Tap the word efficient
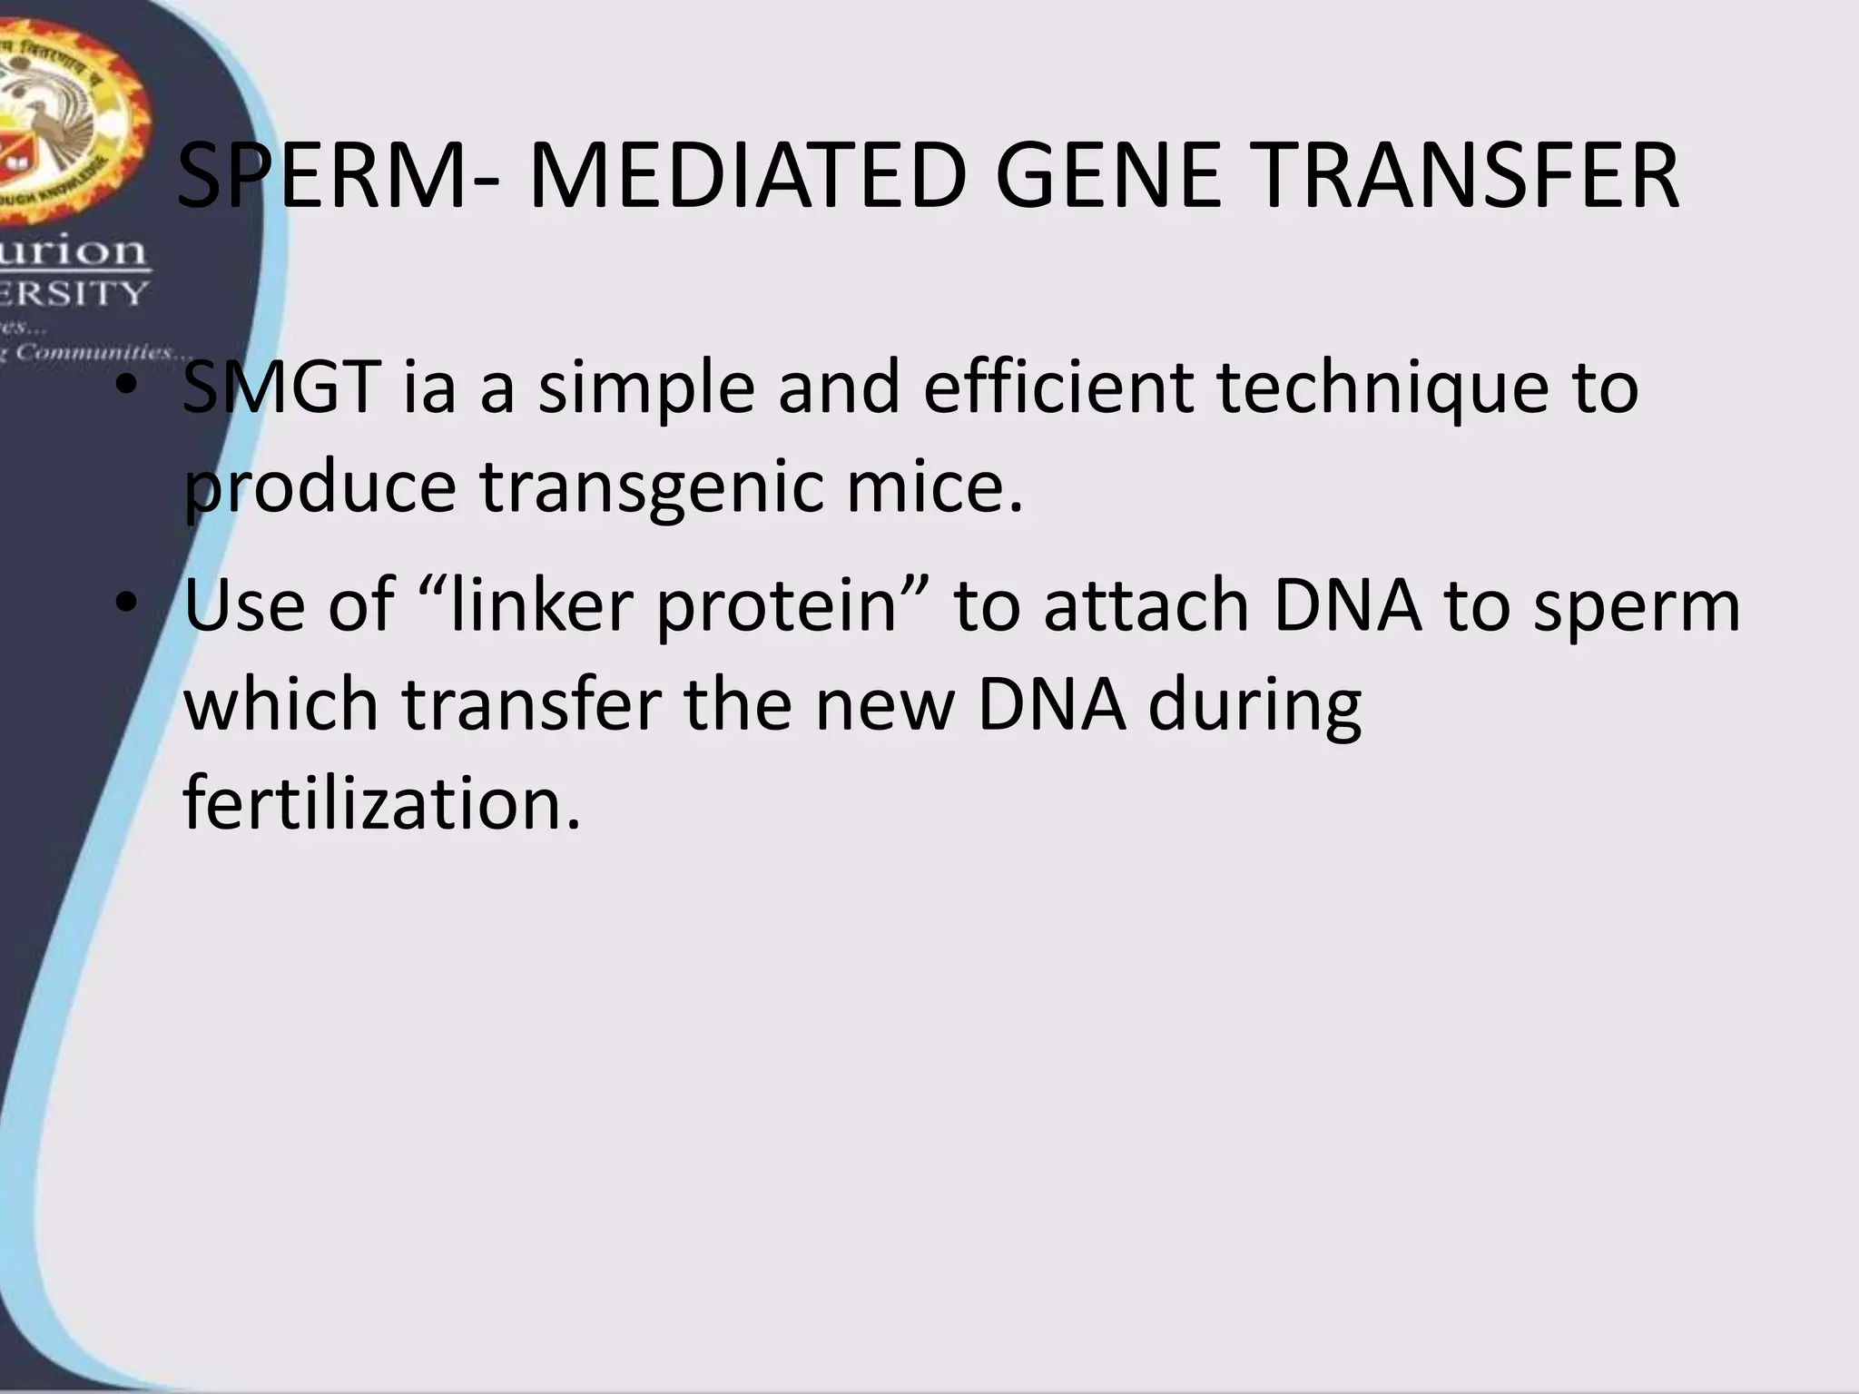1057,388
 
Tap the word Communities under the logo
100,352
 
